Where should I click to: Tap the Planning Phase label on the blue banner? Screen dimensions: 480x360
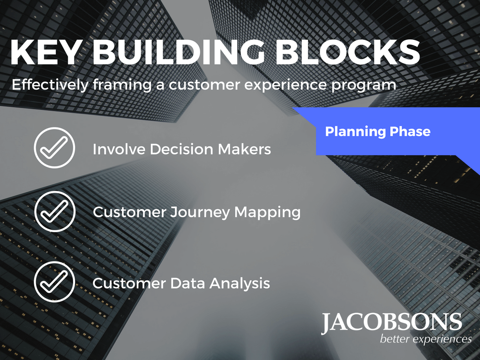377,132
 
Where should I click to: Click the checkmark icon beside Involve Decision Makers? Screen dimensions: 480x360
54,148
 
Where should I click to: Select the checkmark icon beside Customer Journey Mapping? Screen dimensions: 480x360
55,211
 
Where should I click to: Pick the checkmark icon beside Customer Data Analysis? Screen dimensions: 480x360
54,282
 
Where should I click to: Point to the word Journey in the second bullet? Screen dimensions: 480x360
200,212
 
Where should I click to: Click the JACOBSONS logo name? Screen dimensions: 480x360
391,323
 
